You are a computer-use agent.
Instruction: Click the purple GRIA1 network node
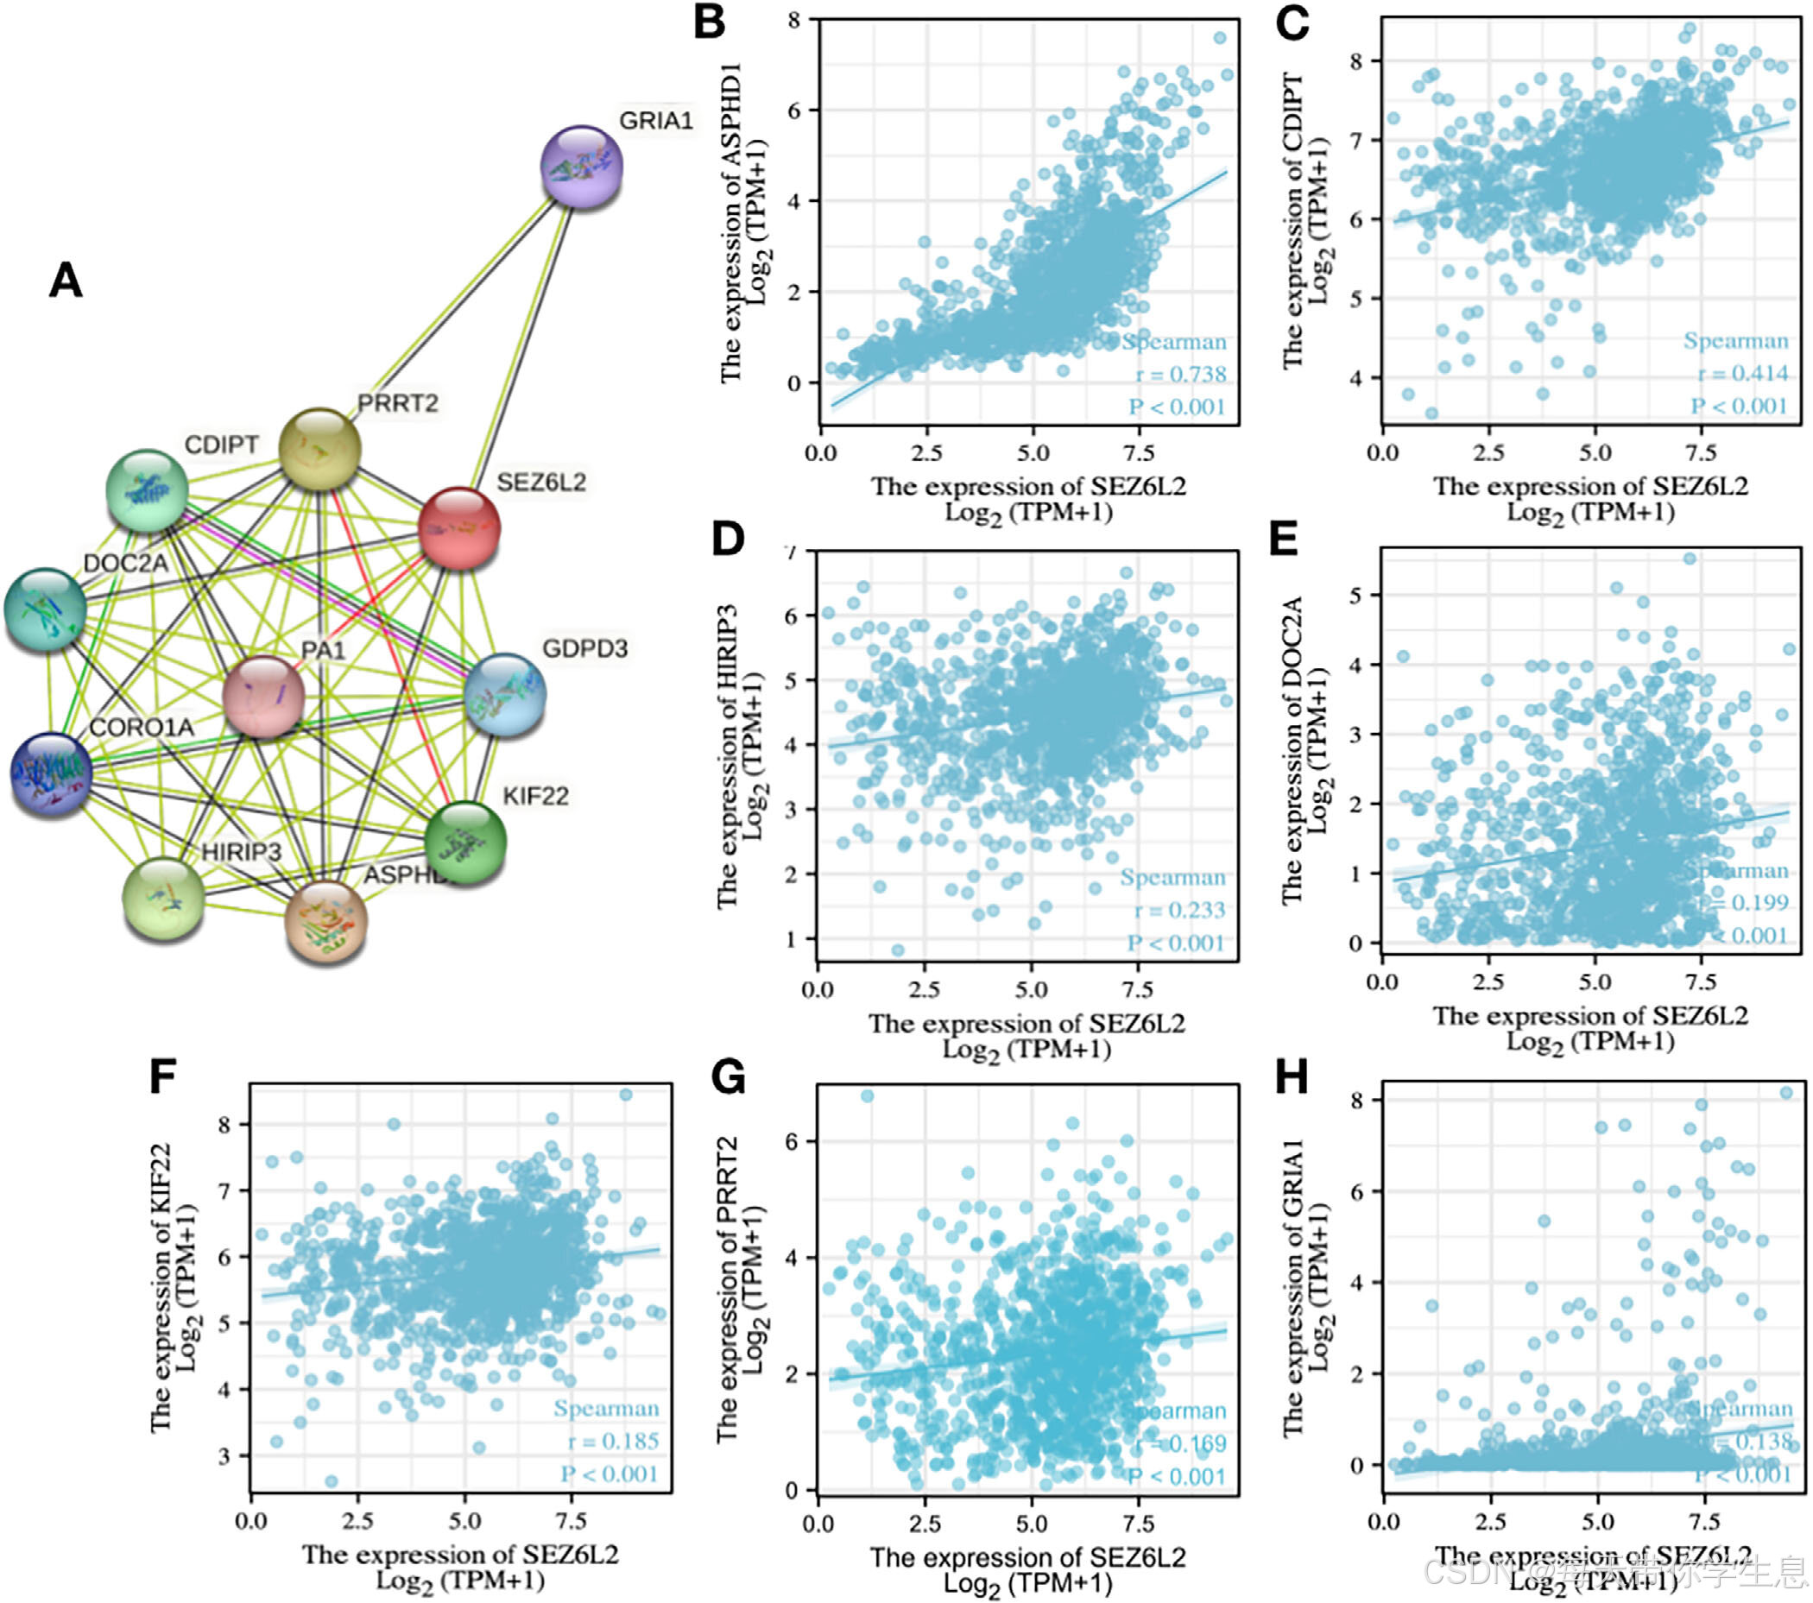coord(582,167)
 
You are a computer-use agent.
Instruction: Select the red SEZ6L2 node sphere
coord(458,527)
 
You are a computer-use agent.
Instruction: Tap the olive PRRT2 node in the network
coord(319,449)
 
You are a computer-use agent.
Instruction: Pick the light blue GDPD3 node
coord(505,696)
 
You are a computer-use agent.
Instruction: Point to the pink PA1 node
coord(263,697)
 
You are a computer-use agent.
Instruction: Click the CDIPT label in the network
coord(221,445)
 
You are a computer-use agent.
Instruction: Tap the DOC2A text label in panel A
coord(125,564)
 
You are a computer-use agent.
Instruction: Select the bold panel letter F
coord(162,1077)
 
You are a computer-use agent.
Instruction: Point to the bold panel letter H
coord(1291,1077)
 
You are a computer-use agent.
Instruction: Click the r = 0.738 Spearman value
coord(1180,375)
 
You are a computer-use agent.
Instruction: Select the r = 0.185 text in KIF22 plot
coord(614,1440)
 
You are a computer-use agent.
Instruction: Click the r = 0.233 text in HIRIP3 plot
coord(1179,909)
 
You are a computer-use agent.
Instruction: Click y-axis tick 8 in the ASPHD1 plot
coord(794,20)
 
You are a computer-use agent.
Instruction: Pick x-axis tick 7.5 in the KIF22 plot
coord(571,1520)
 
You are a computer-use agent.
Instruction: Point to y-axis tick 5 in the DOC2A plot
coord(1355,595)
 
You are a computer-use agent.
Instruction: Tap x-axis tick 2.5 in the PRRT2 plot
coord(925,1524)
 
